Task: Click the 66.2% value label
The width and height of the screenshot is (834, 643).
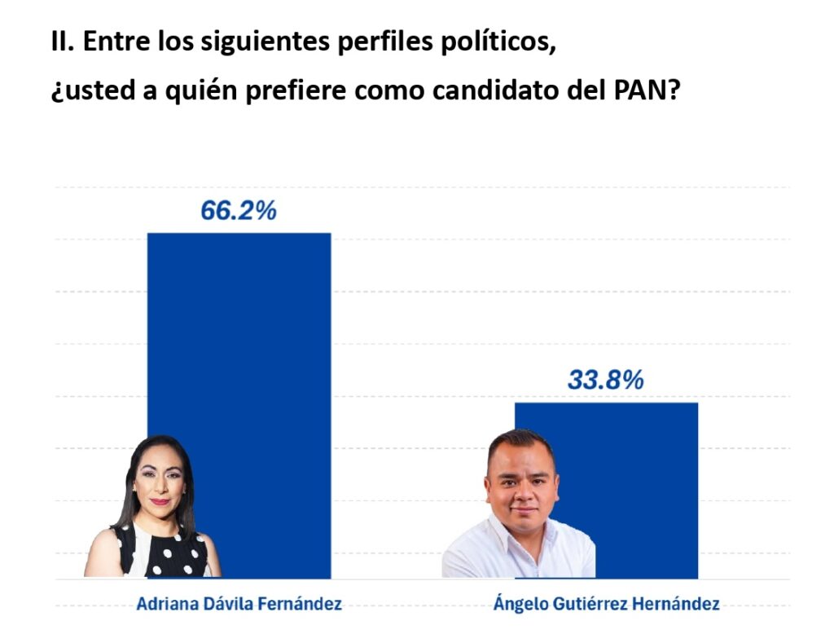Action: click(x=239, y=211)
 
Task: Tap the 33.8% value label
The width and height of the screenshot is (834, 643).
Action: click(x=605, y=380)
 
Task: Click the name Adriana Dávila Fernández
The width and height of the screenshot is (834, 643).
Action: click(x=239, y=604)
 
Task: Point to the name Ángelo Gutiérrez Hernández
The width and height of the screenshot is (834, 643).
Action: click(x=606, y=604)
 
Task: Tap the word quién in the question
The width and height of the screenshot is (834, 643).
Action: click(x=180, y=90)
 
